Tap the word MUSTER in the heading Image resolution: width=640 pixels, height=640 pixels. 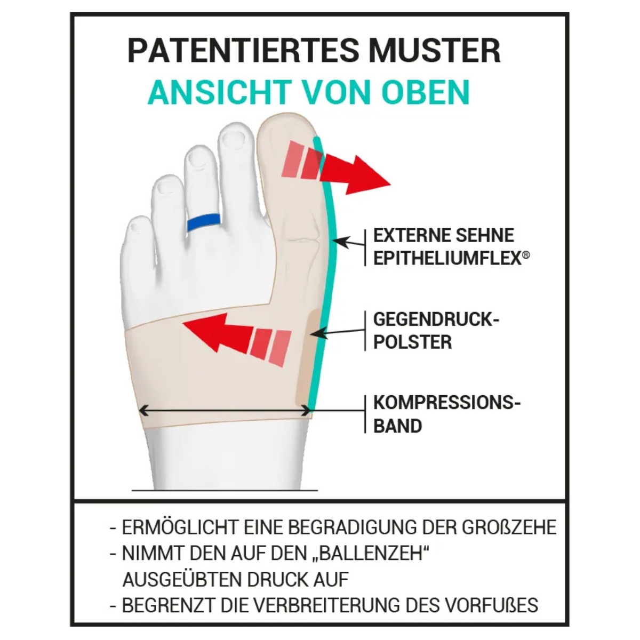click(x=435, y=51)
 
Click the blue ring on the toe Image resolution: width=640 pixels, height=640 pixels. click(x=204, y=222)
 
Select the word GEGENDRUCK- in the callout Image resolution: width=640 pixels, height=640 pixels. click(x=436, y=319)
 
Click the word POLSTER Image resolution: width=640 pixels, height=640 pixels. click(x=412, y=342)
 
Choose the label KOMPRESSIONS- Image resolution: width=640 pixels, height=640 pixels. click(x=447, y=403)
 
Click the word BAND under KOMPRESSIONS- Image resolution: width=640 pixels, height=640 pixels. click(x=397, y=426)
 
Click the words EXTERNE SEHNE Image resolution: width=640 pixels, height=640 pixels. click(x=444, y=236)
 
